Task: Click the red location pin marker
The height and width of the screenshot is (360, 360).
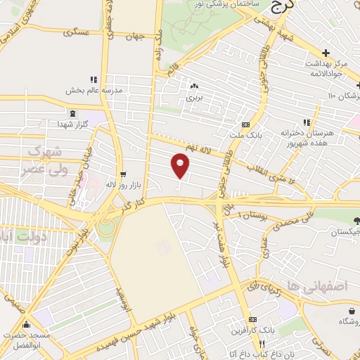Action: pos(181,166)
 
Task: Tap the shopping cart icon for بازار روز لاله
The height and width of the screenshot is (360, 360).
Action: pos(124,174)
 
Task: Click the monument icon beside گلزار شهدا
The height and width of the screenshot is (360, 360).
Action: pos(72,113)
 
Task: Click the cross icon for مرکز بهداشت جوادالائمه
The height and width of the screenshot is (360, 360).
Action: pos(326,53)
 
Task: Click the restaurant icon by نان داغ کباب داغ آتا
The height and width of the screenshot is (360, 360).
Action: pos(261,344)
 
